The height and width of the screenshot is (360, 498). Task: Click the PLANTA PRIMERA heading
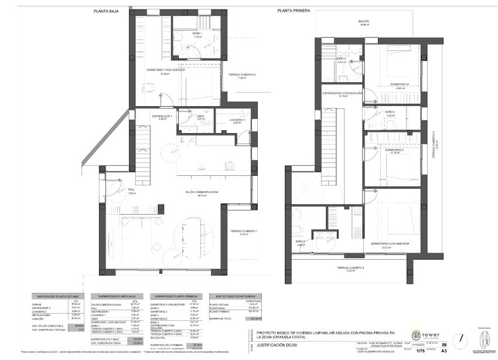coord(294,11)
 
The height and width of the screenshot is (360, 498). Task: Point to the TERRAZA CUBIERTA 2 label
coord(242,76)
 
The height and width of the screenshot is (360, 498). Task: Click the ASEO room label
coord(200,117)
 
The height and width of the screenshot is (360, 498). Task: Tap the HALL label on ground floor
coord(132,191)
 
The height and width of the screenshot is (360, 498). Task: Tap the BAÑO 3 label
coord(391,113)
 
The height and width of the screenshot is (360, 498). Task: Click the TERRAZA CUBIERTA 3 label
coord(350,269)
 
